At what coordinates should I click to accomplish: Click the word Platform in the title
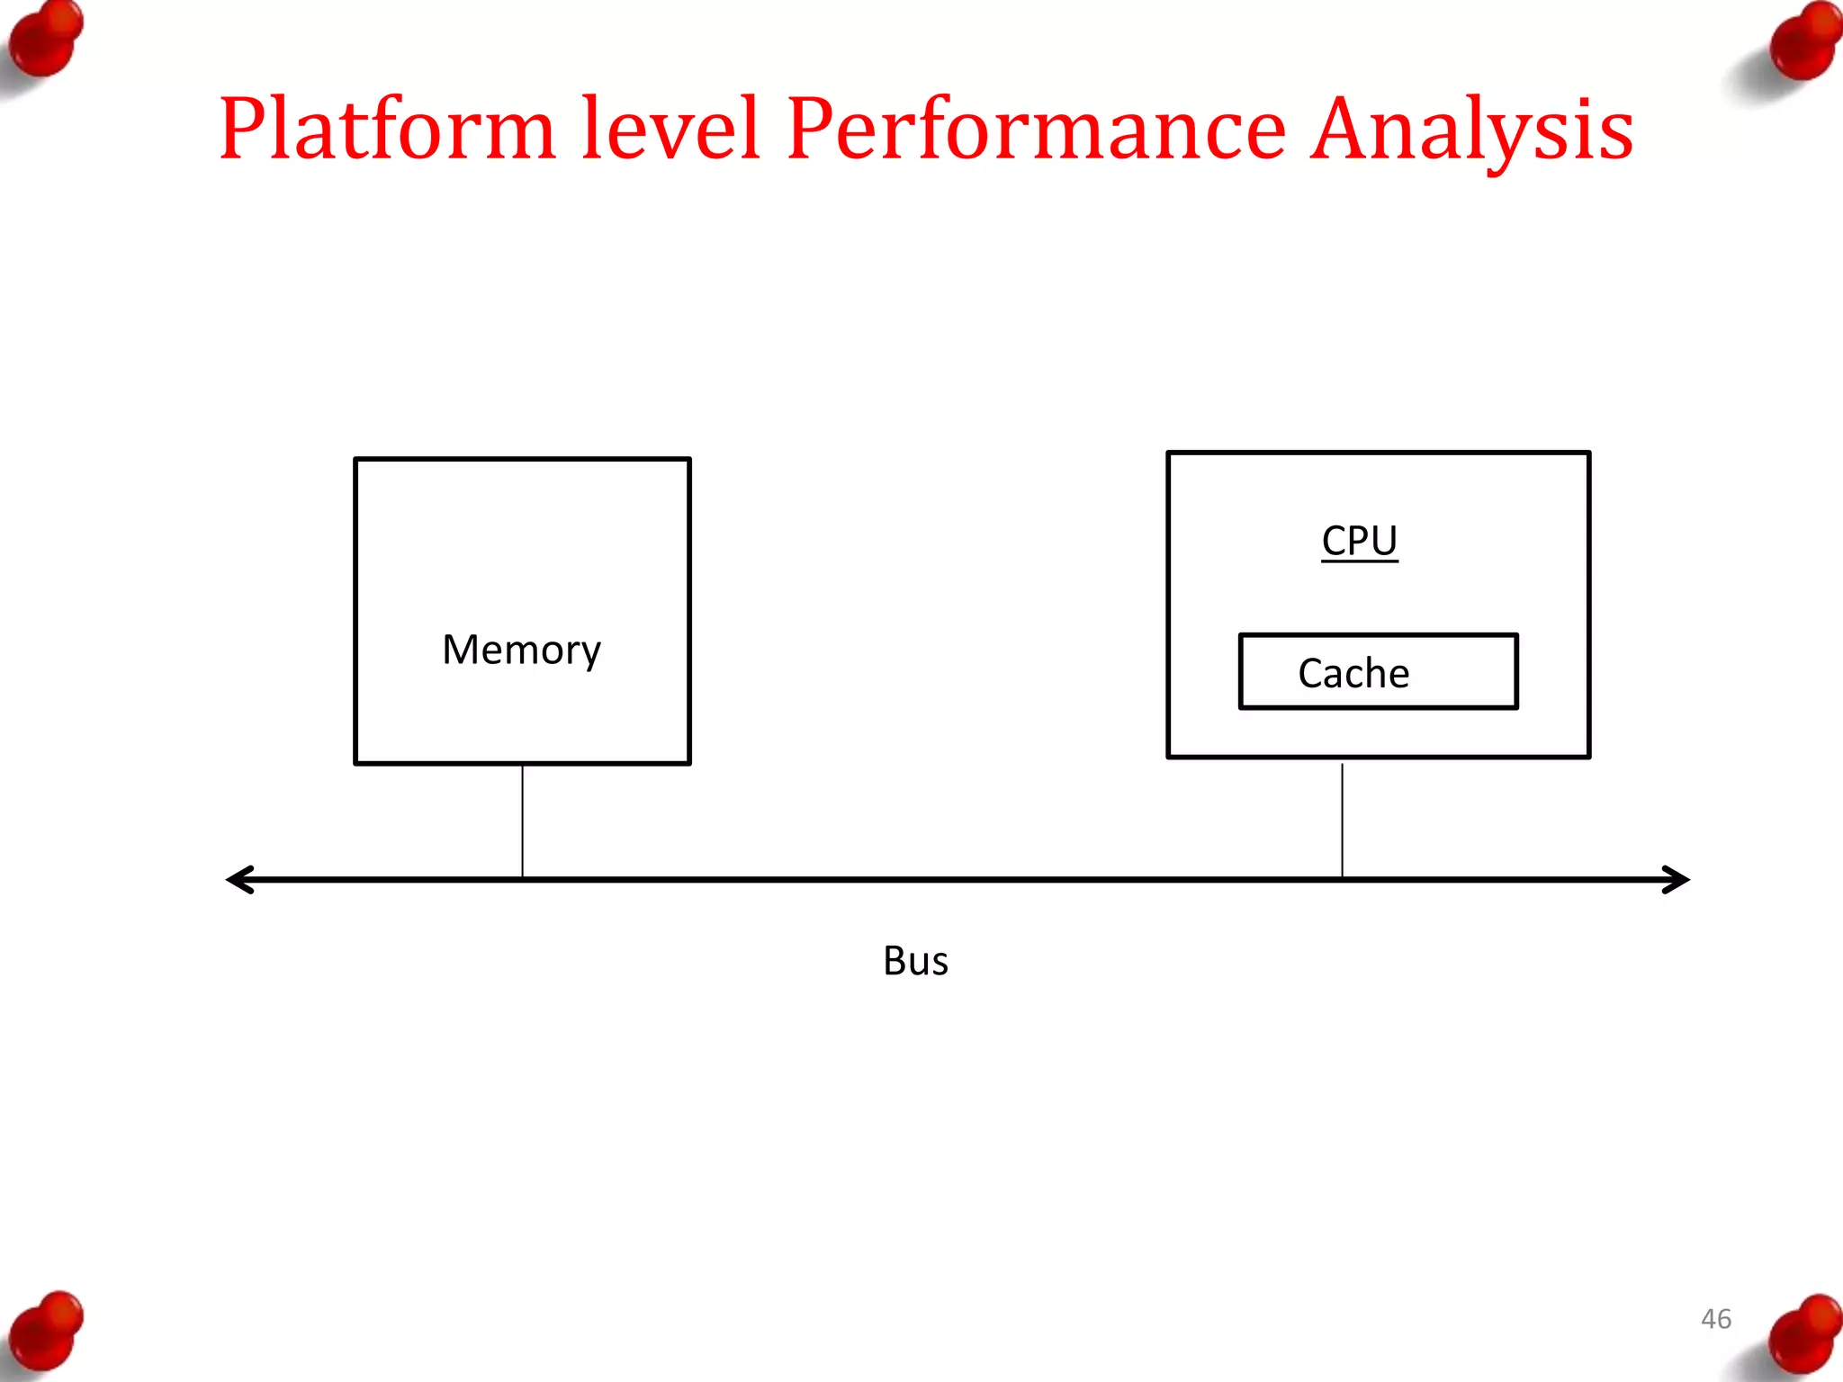387,130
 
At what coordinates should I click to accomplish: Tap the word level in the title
670,130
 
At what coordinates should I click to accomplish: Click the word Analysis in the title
1471,130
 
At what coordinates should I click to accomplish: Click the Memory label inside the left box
521,650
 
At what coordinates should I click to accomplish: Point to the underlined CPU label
1359,541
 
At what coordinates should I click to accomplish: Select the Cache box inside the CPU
1378,672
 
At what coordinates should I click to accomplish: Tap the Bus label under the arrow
915,961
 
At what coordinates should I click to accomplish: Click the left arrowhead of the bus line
239,879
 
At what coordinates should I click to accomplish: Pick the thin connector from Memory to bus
522,821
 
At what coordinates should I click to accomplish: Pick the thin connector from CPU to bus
1342,821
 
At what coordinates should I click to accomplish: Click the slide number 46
1715,1319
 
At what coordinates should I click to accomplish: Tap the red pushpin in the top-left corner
45,40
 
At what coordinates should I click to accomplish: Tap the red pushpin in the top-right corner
1803,43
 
